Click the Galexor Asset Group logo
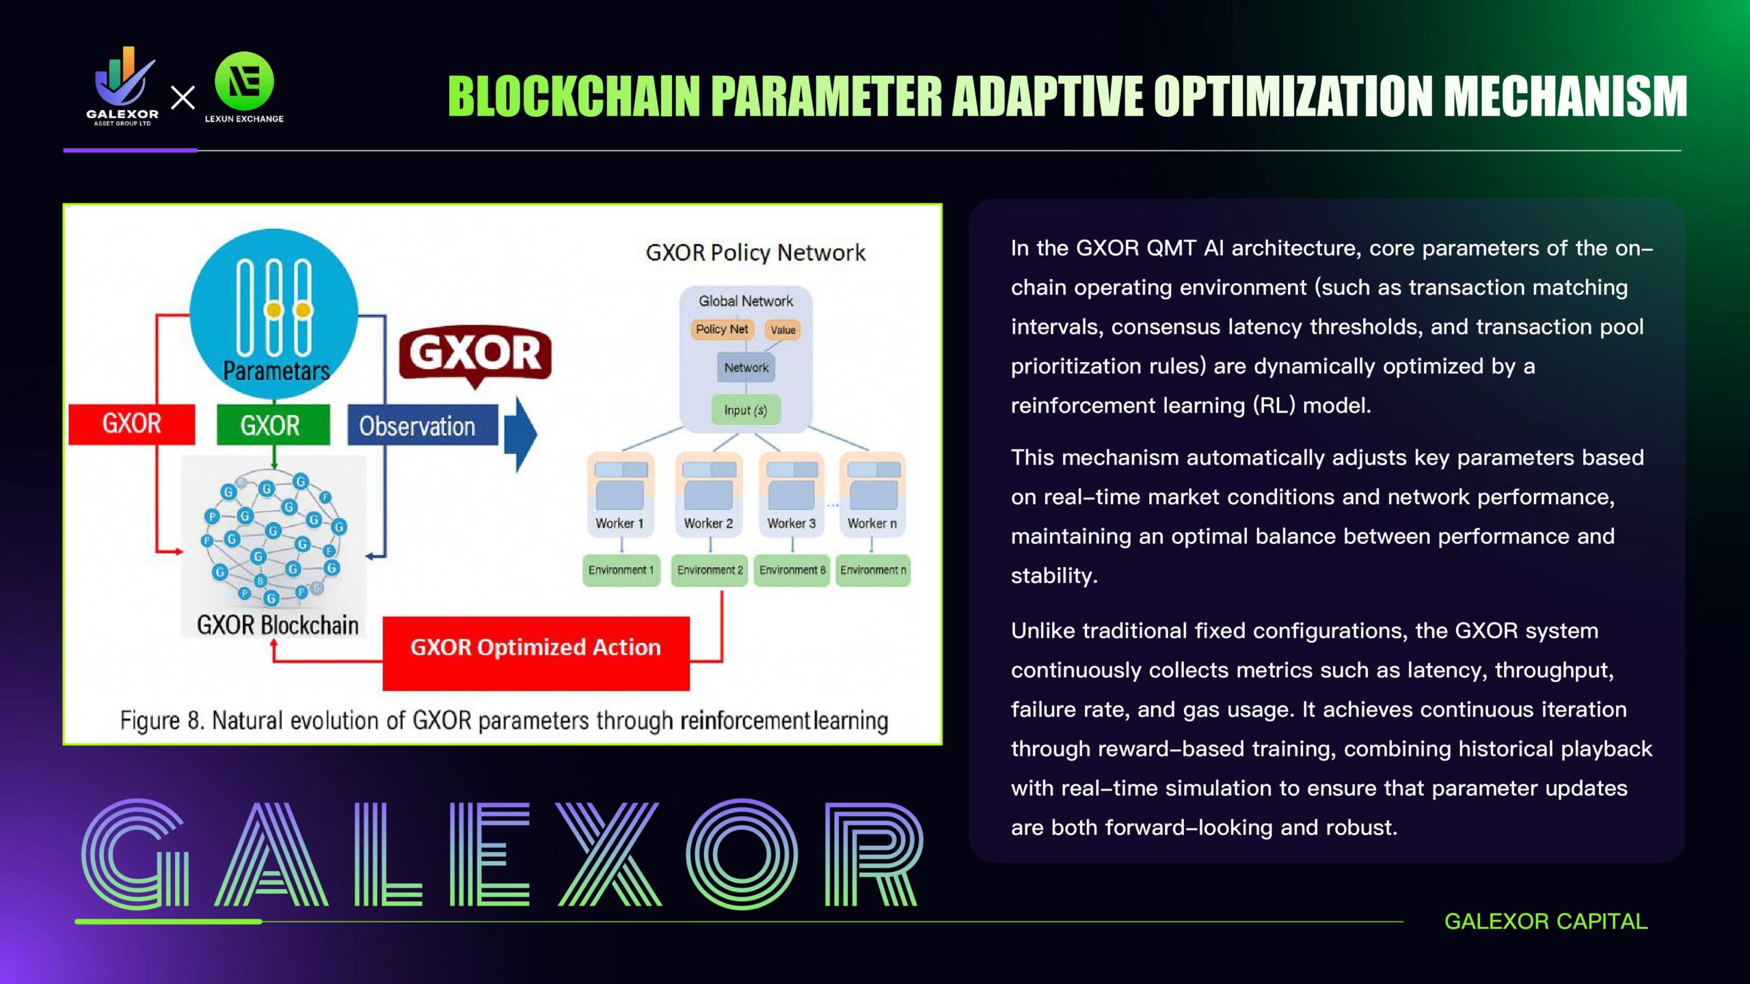pyautogui.click(x=123, y=85)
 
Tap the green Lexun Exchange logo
pyautogui.click(x=244, y=83)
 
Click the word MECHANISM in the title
pyautogui.click(x=1565, y=96)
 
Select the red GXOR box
pyautogui.click(x=131, y=424)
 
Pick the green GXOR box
pyautogui.click(x=273, y=425)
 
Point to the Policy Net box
pyautogui.click(x=721, y=329)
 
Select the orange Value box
pyautogui.click(x=783, y=330)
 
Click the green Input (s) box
pyautogui.click(x=745, y=410)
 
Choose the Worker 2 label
pyautogui.click(x=708, y=523)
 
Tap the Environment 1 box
pyautogui.click(x=621, y=570)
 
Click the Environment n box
pyautogui.click(x=873, y=570)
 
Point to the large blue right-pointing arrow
pyautogui.click(x=521, y=434)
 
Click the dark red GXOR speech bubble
pyautogui.click(x=475, y=354)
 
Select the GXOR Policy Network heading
pyautogui.click(x=755, y=253)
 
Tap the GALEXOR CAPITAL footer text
pyautogui.click(x=1546, y=921)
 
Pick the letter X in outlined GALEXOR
pyautogui.click(x=608, y=854)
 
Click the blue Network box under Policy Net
pyautogui.click(x=746, y=368)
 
